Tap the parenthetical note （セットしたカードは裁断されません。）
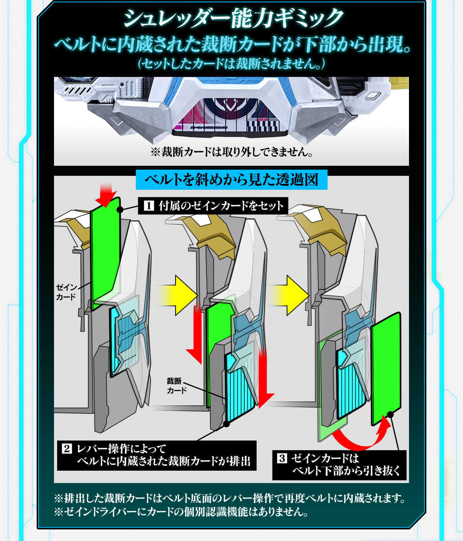231,63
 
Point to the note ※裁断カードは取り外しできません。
231,152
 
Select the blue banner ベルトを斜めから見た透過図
231,180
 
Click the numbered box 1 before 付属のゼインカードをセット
149,206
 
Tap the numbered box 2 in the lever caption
66,449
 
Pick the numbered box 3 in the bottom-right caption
282,459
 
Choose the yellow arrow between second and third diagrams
291,295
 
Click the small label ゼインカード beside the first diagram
66,292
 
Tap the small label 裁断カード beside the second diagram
176,386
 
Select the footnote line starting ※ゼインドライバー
181,512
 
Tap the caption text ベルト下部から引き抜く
346,471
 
